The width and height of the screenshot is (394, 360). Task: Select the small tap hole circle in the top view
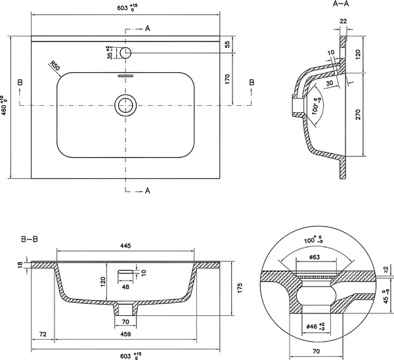(126, 52)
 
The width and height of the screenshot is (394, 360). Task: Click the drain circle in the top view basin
(125, 104)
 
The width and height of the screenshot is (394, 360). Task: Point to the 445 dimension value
(125, 246)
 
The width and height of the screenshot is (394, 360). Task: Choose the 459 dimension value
(125, 335)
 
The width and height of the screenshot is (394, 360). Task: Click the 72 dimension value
(43, 335)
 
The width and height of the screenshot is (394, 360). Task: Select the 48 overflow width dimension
(125, 286)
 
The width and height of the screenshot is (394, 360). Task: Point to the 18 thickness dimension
(20, 265)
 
